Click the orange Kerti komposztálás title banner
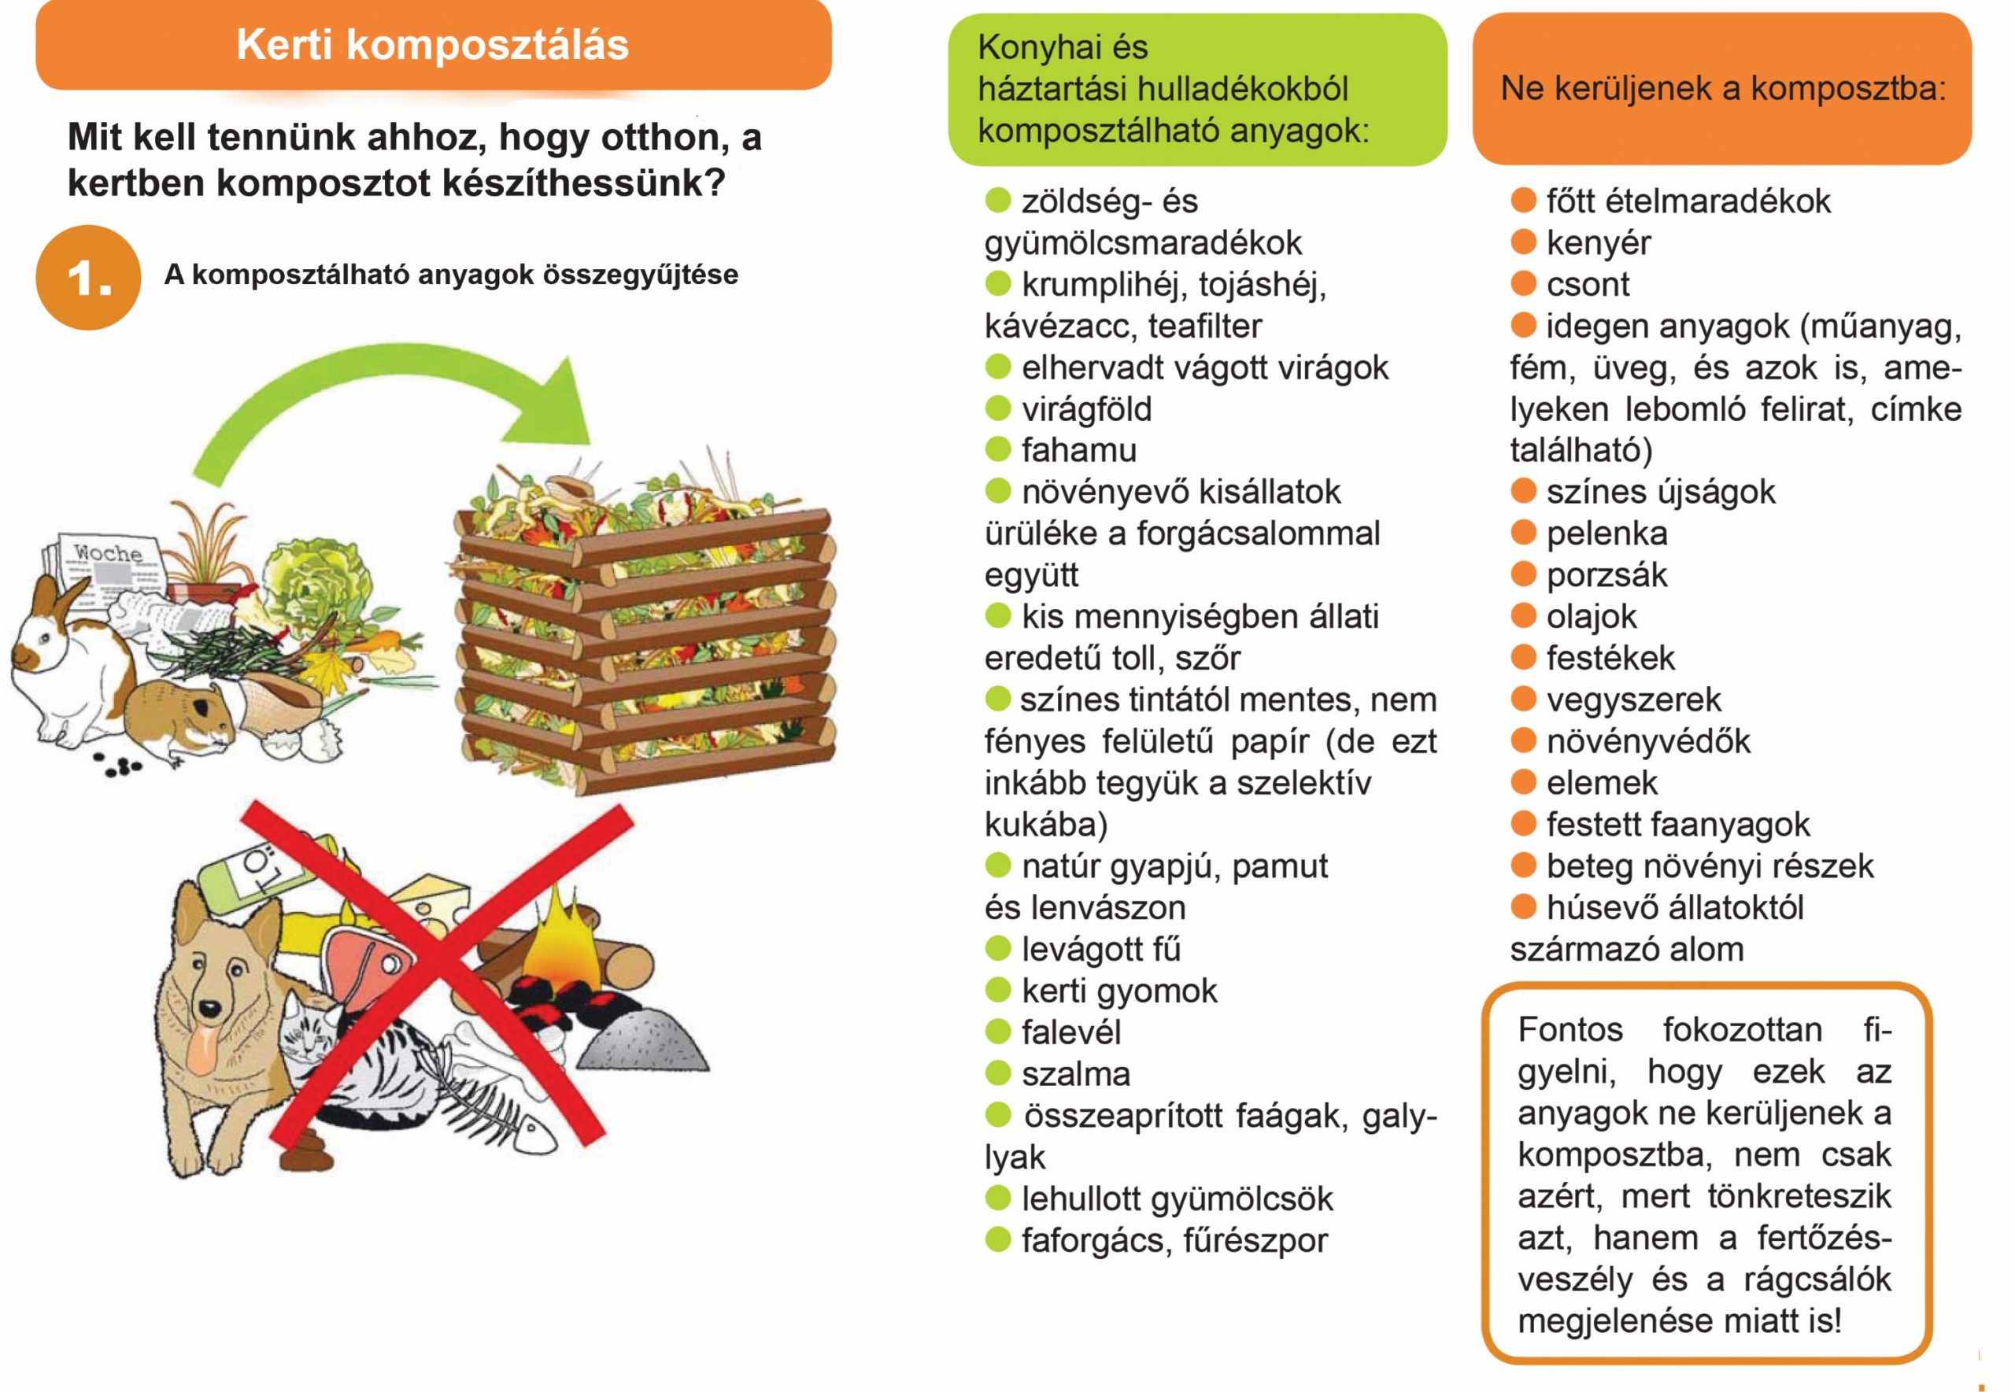coord(434,46)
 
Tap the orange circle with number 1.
coord(88,277)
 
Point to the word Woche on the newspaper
coord(107,553)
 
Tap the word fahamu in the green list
coord(1079,450)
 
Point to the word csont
coord(1588,284)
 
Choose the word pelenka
coord(1606,533)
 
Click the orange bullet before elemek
coord(1523,781)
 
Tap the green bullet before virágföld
coord(997,408)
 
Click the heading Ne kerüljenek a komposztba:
coord(1723,89)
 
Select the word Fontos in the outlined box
coord(1570,1030)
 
